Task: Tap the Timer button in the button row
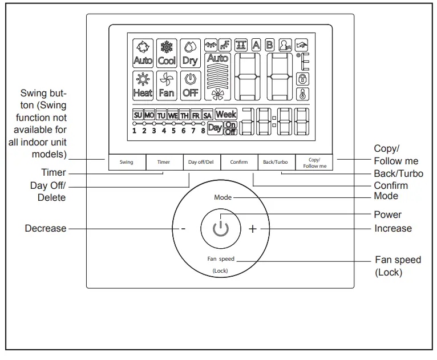coord(164,162)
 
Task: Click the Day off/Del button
coord(201,162)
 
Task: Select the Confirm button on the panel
coord(239,162)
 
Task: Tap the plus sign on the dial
coord(253,229)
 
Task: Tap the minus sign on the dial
coord(184,229)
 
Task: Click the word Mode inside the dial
coord(223,197)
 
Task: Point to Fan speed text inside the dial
coord(220,259)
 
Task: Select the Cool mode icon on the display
coord(167,52)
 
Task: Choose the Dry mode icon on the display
coord(190,52)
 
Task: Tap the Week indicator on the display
coord(226,114)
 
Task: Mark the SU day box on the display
coord(137,115)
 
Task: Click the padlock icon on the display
coord(303,79)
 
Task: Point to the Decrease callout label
coord(46,229)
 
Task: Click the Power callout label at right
coord(387,215)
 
